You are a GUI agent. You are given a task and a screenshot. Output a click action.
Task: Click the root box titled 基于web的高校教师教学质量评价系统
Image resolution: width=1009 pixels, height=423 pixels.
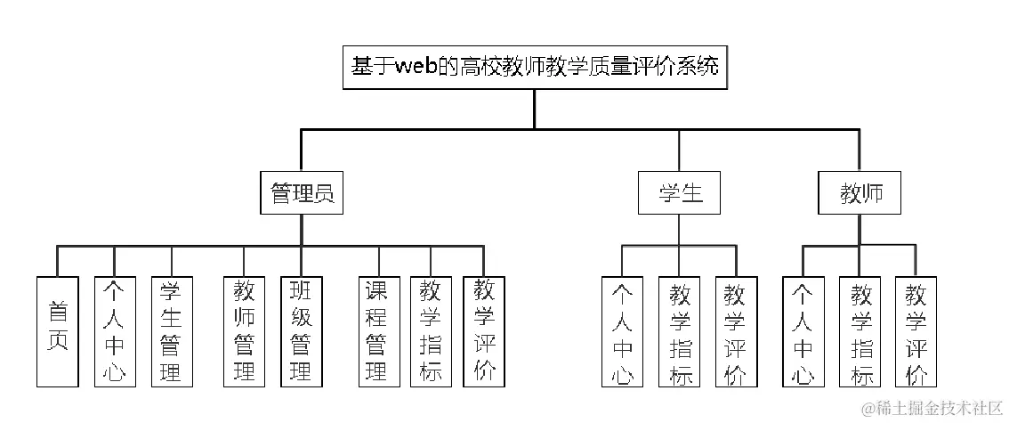point(534,68)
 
